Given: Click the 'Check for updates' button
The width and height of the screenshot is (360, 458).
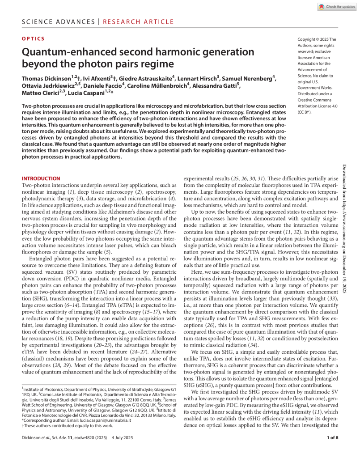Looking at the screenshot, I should tap(336, 7).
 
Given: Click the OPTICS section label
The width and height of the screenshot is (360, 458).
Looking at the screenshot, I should tap(33, 39).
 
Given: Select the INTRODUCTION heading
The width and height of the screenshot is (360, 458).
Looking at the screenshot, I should tap(41, 178).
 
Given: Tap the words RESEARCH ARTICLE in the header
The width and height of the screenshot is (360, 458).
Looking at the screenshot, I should tap(139, 21).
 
